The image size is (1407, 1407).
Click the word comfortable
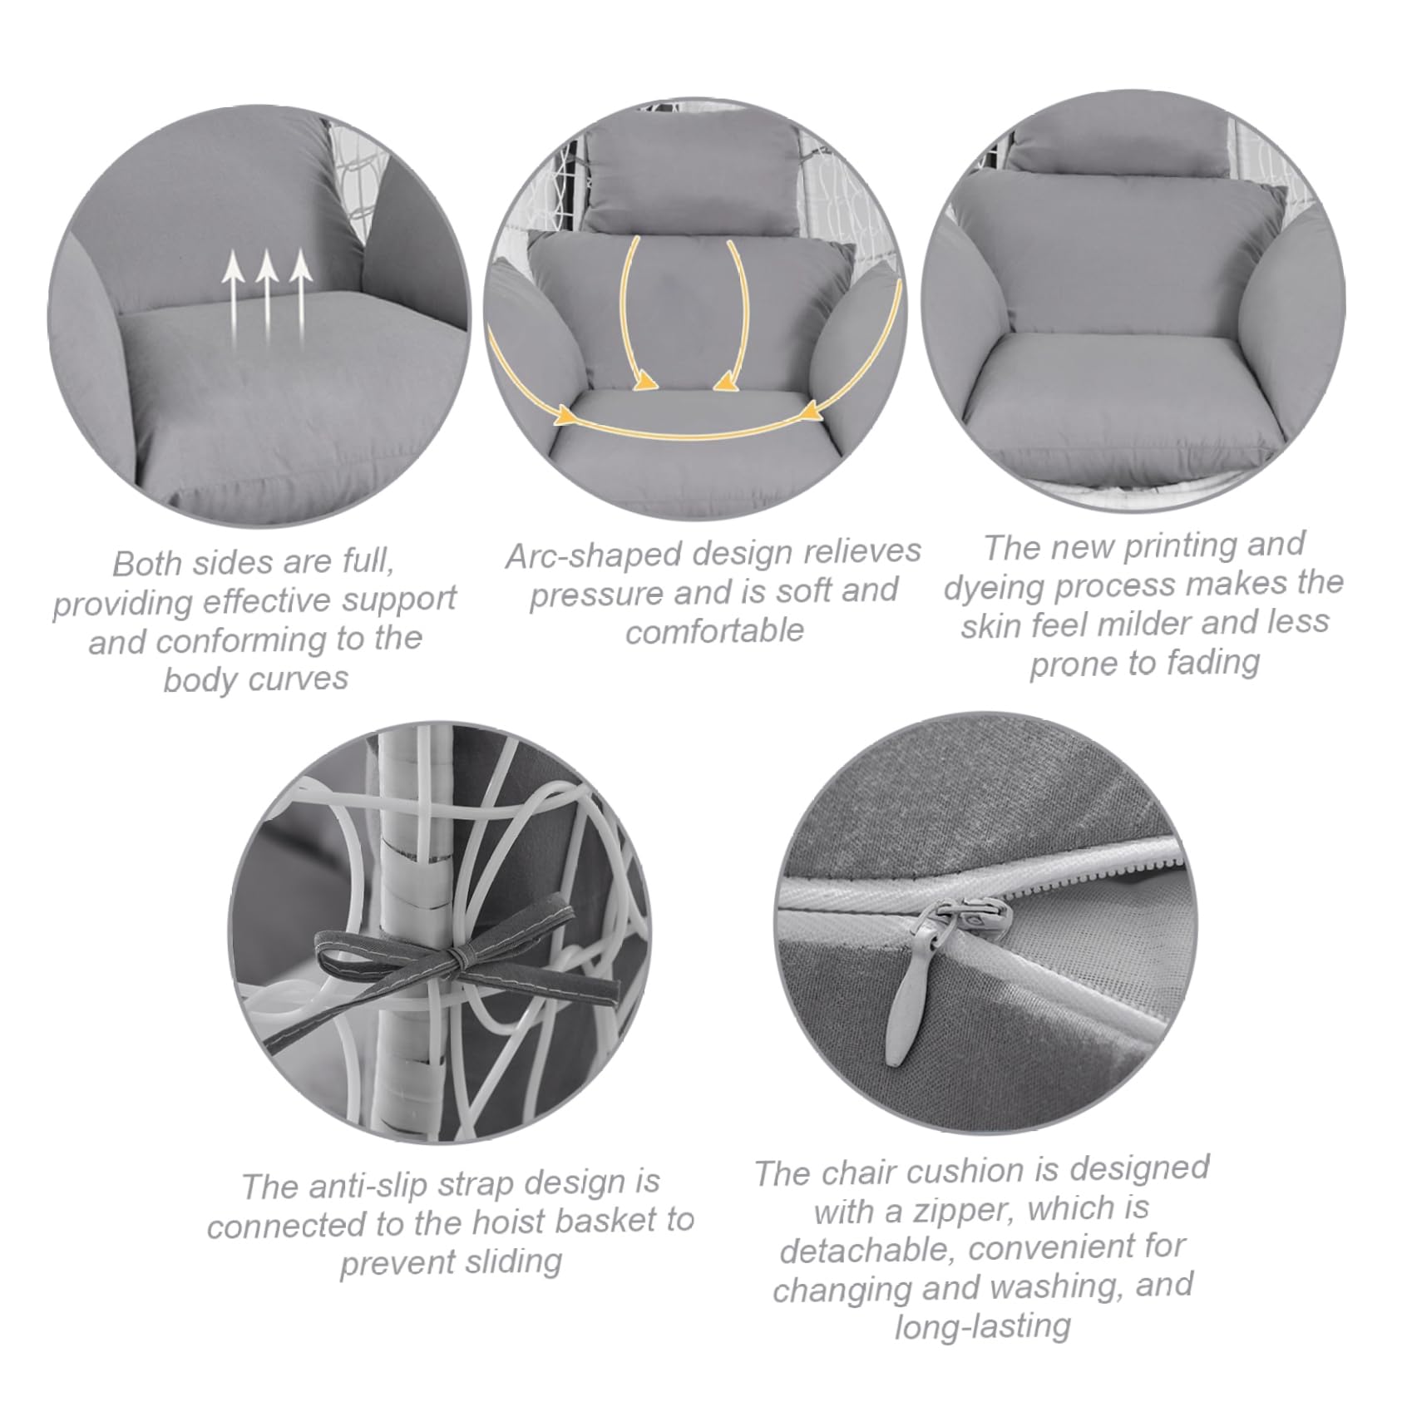[x=714, y=632]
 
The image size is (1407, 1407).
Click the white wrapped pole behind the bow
[x=407, y=931]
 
